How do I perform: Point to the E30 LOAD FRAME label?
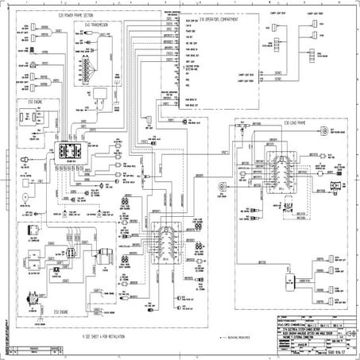260,124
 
